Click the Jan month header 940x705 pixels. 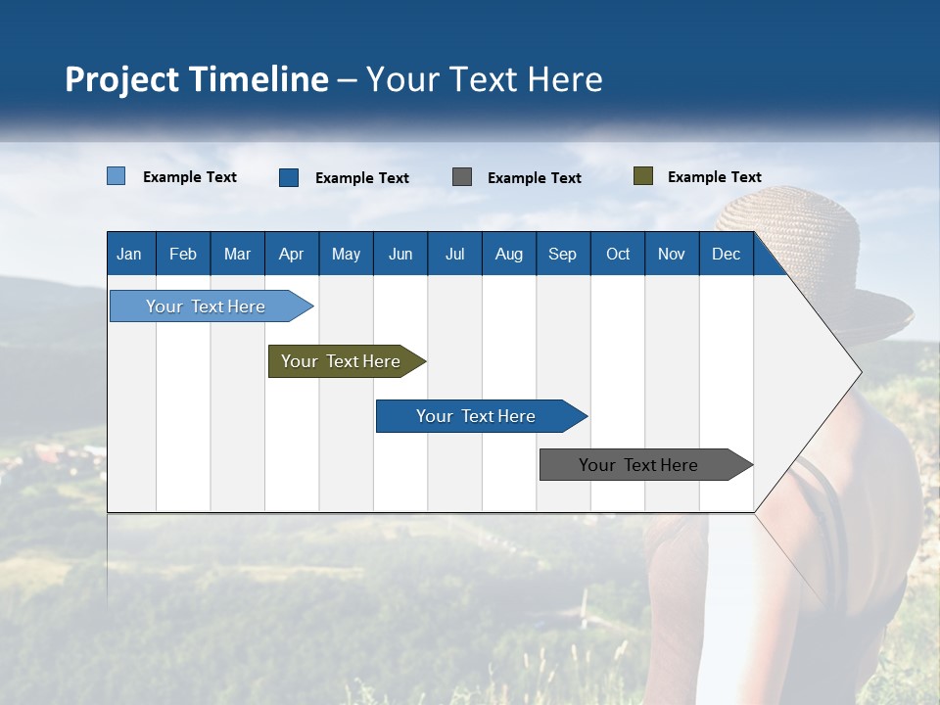(130, 254)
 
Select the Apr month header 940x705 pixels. (291, 254)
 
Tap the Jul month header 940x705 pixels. (454, 254)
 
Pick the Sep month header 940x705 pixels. (562, 254)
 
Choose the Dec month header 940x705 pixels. (726, 254)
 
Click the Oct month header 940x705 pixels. (618, 254)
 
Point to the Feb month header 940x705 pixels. (183, 254)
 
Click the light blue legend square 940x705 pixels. (116, 176)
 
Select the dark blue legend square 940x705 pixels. (289, 177)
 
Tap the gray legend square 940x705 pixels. (462, 177)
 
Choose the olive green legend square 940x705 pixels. (642, 176)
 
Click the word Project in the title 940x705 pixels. (123, 79)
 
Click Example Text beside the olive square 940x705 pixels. (714, 177)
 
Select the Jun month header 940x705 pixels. (400, 254)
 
